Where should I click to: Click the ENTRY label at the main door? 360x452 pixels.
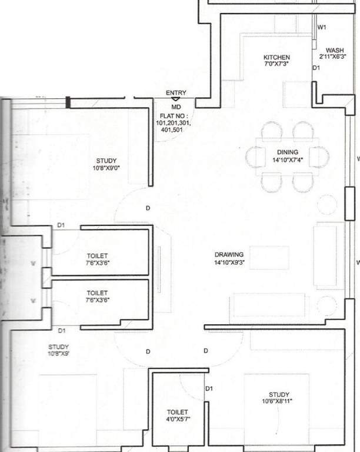pyautogui.click(x=176, y=93)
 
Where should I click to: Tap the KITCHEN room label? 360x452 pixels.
pyautogui.click(x=276, y=57)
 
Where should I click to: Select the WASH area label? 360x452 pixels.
pyautogui.click(x=335, y=51)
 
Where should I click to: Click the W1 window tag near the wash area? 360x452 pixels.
pyautogui.click(x=322, y=28)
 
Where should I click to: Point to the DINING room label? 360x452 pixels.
pyautogui.click(x=288, y=152)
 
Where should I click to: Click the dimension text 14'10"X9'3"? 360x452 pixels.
pyautogui.click(x=229, y=262)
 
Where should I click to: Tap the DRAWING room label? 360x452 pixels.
pyautogui.click(x=229, y=255)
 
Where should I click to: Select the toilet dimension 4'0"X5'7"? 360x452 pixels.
pyautogui.click(x=178, y=419)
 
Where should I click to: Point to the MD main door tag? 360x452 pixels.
pyautogui.click(x=176, y=107)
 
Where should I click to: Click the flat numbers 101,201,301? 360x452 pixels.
pyautogui.click(x=174, y=123)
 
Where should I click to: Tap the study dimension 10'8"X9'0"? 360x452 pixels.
pyautogui.click(x=106, y=168)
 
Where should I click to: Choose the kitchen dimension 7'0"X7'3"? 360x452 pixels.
pyautogui.click(x=276, y=64)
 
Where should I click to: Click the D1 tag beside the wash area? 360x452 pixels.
pyautogui.click(x=316, y=68)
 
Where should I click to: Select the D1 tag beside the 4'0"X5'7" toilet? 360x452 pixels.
pyautogui.click(x=209, y=388)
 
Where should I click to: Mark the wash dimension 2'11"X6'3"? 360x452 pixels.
pyautogui.click(x=332, y=56)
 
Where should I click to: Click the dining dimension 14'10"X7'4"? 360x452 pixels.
pyautogui.click(x=288, y=159)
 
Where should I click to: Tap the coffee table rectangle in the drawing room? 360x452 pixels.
pyautogui.click(x=269, y=258)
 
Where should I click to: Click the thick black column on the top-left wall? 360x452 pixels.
pyautogui.click(x=68, y=102)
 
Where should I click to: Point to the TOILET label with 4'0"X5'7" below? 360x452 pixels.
pyautogui.click(x=178, y=412)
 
